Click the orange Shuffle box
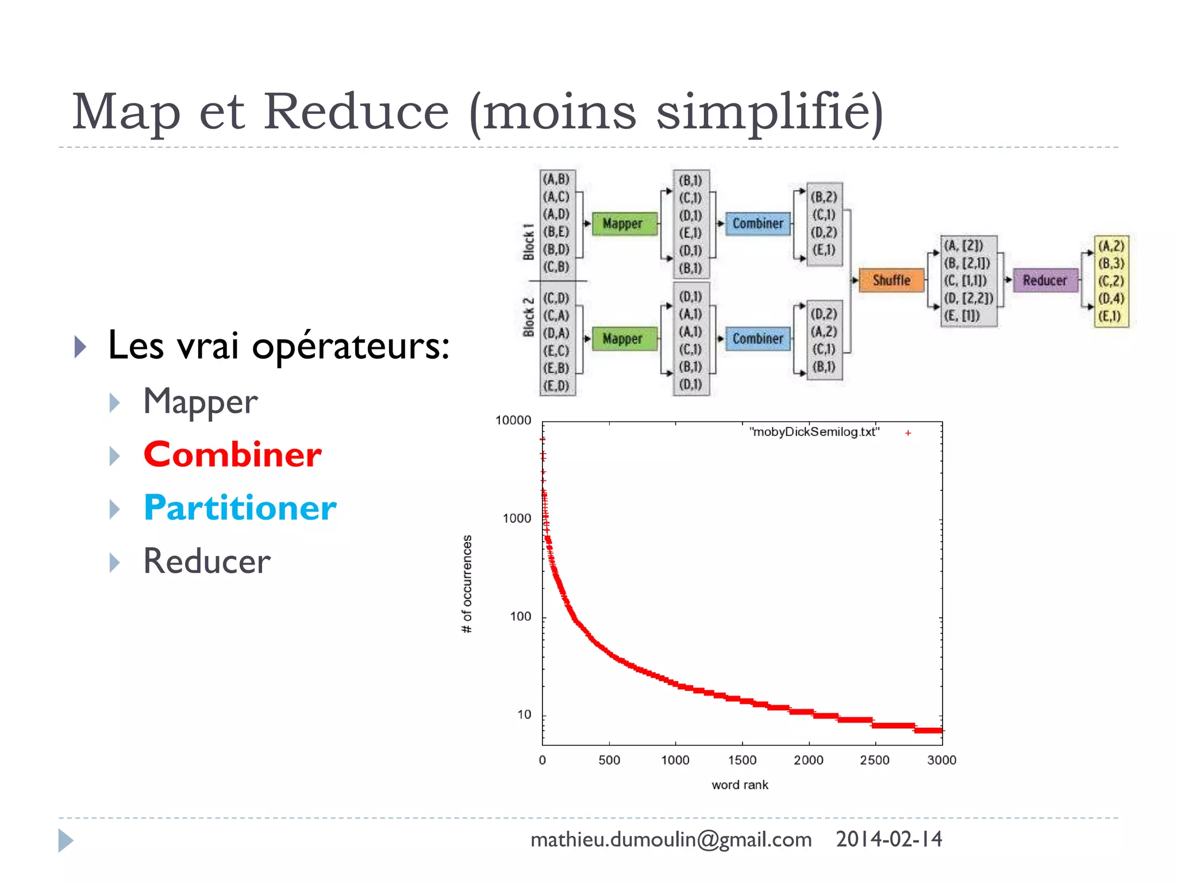coord(891,281)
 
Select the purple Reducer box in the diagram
coord(1044,281)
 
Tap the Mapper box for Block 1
coord(624,224)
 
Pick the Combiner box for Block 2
coord(757,339)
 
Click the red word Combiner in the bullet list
coord(232,455)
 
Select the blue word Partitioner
coord(240,508)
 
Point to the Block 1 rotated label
coord(529,242)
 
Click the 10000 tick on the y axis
coord(513,421)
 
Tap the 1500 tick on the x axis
coord(742,761)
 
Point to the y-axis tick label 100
coord(520,617)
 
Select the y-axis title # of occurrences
coord(467,584)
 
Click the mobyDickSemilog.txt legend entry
coord(814,432)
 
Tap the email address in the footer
coord(671,840)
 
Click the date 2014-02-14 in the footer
coord(888,840)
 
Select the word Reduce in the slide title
coord(356,112)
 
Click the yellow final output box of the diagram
coord(1111,281)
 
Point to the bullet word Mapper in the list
coord(200,401)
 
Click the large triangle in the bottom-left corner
coord(65,840)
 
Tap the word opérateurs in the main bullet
coord(351,347)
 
